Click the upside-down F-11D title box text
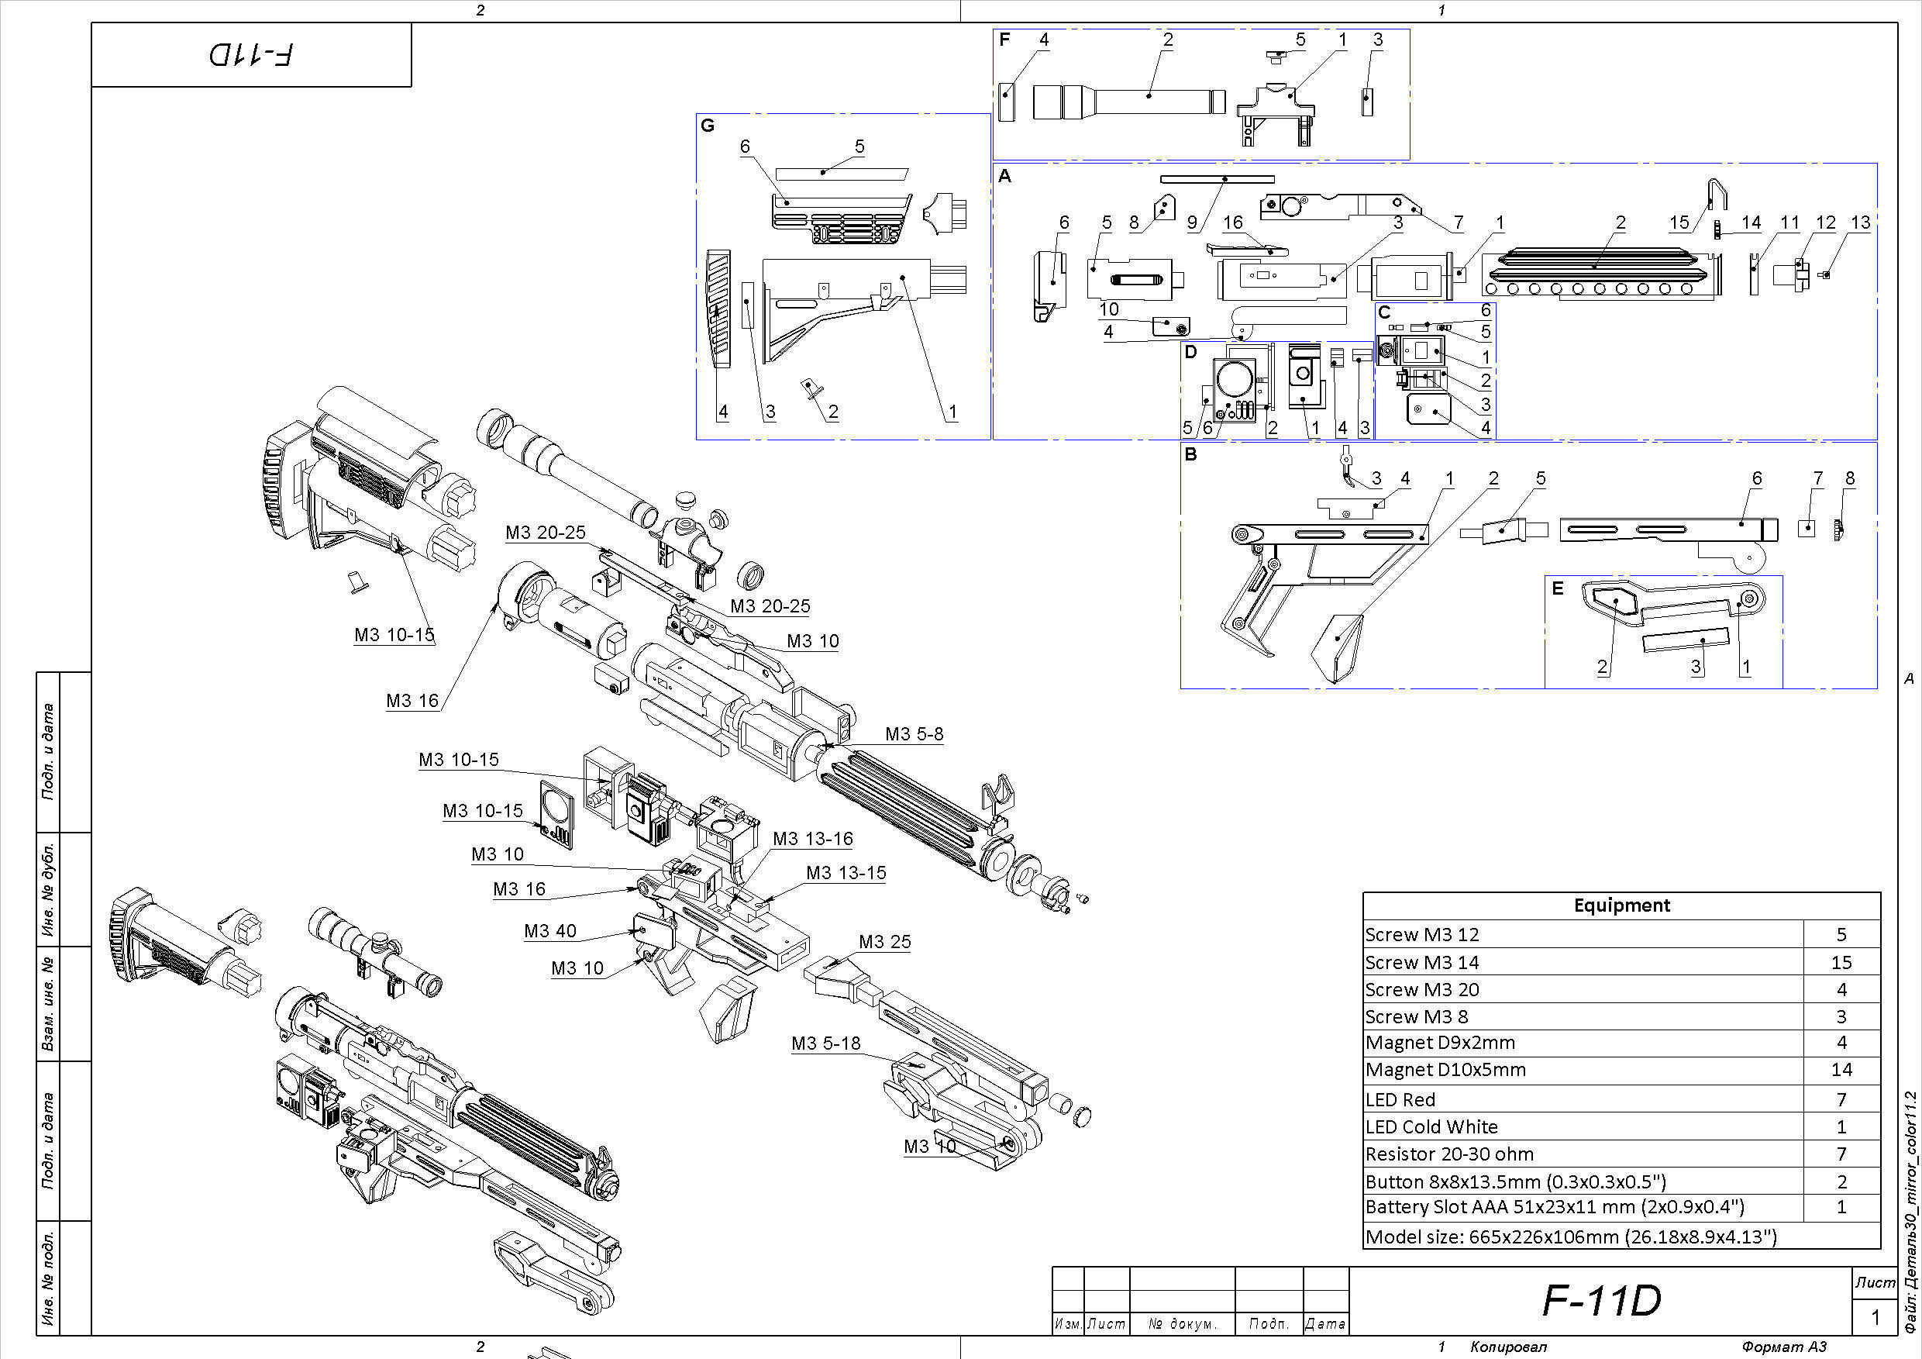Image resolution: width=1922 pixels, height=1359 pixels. point(251,55)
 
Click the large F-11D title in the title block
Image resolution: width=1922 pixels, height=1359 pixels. point(1600,1299)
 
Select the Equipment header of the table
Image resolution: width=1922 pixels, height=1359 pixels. point(1621,905)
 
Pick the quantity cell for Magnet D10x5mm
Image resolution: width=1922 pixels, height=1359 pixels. point(1841,1069)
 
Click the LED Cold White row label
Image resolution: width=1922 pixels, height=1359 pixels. point(1431,1126)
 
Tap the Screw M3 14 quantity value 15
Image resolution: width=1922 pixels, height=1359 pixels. point(1841,962)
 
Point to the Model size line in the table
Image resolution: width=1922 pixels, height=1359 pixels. point(1570,1237)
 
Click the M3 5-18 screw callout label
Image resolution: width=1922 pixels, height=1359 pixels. point(825,1043)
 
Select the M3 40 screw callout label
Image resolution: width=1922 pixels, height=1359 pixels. point(550,931)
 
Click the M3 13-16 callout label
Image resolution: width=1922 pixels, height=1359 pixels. point(812,838)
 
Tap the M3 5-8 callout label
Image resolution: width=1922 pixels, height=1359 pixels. point(914,733)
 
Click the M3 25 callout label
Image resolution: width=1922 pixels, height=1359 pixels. point(884,941)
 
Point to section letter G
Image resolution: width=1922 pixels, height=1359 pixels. point(708,126)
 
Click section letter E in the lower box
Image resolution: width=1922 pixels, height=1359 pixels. point(1557,588)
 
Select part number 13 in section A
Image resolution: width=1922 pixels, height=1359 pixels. point(1860,222)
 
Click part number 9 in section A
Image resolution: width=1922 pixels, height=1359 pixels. point(1192,222)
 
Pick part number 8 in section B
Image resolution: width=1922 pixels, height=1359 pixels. point(1849,478)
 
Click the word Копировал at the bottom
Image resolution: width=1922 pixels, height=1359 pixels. point(1507,1347)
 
